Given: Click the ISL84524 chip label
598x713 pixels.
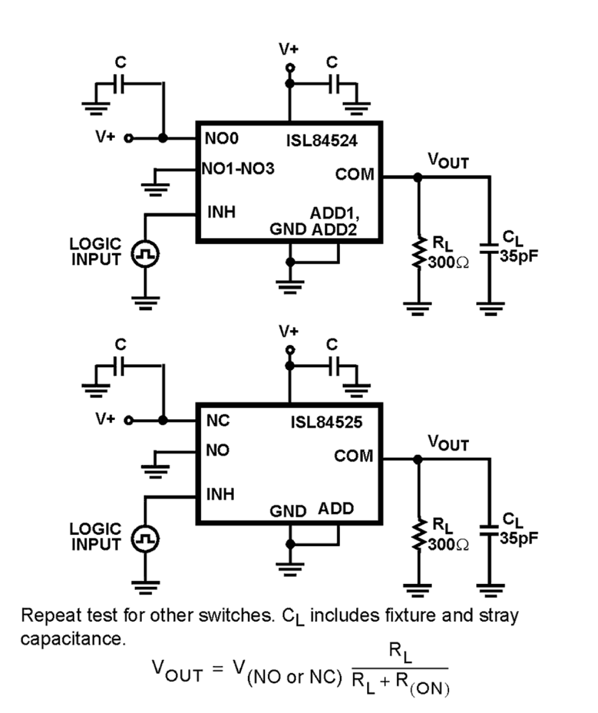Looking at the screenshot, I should click(x=321, y=141).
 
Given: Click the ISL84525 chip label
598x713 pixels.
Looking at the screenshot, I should click(x=326, y=422).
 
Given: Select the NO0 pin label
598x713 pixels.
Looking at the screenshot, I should click(x=221, y=139).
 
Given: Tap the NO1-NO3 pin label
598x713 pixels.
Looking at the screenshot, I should click(x=238, y=169).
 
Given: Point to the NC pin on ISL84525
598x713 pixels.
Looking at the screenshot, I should click(x=218, y=421).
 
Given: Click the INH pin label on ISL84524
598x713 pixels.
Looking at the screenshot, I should click(x=221, y=212).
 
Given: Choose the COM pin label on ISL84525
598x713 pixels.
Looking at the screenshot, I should click(x=353, y=456).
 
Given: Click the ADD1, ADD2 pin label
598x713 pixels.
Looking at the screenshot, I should click(x=334, y=221).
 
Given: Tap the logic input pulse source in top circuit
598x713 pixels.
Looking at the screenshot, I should click(x=145, y=254).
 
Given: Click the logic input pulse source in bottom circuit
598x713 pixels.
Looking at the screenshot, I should click(x=145, y=539).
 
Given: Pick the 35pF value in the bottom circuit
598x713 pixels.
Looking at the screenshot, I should click(x=519, y=538).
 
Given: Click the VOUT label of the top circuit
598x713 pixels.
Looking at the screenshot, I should click(x=448, y=161).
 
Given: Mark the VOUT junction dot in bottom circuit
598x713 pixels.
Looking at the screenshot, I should click(x=418, y=459).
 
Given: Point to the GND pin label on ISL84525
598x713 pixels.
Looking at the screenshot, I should click(x=288, y=511).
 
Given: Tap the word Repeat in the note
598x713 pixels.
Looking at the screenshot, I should click(x=51, y=615).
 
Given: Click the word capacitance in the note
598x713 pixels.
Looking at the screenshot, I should click(x=72, y=639).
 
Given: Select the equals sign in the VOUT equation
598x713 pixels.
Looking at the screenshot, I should click(x=218, y=669).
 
